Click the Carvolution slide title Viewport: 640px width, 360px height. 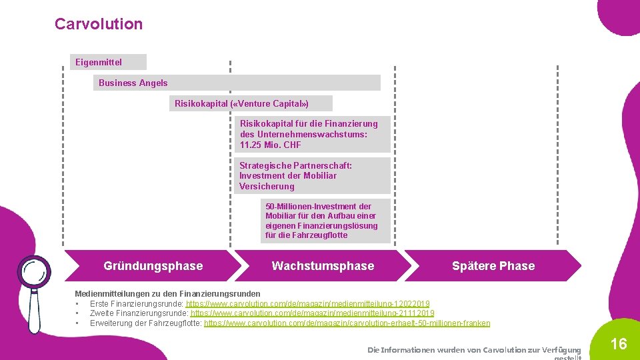(99, 24)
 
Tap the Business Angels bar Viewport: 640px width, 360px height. (237, 83)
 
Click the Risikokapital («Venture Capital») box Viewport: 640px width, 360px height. (251, 103)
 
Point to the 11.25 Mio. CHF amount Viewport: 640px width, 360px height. (271, 145)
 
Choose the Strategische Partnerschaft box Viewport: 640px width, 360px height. (314, 176)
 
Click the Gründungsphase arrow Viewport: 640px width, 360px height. (153, 266)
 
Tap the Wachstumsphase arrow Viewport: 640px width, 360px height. (323, 266)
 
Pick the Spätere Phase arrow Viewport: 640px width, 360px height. (493, 266)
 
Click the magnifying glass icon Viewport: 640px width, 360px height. (33, 273)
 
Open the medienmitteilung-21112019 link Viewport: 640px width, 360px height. (313, 313)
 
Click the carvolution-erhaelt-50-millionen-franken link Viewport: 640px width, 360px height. (347, 323)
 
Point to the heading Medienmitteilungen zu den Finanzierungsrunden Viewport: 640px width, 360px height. (167, 294)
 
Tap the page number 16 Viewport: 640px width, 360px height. (619, 344)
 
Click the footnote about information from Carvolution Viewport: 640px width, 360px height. (474, 350)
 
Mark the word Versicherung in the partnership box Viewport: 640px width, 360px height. (267, 186)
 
